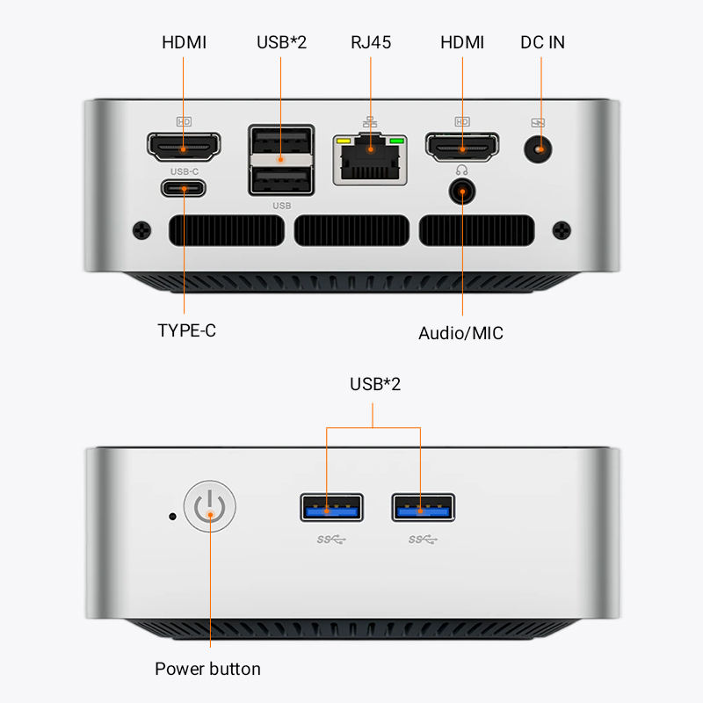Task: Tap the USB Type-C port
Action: tap(184, 188)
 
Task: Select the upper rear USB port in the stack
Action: tap(281, 143)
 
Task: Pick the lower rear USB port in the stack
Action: tap(281, 180)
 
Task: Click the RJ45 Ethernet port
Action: tap(371, 159)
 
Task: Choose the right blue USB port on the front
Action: tap(423, 507)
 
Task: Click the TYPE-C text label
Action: tap(186, 331)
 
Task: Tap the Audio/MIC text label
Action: tap(460, 333)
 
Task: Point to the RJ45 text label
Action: tap(371, 42)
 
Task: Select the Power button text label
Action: tap(207, 669)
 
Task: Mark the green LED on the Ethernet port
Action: tap(396, 141)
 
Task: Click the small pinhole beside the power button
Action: tap(172, 516)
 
